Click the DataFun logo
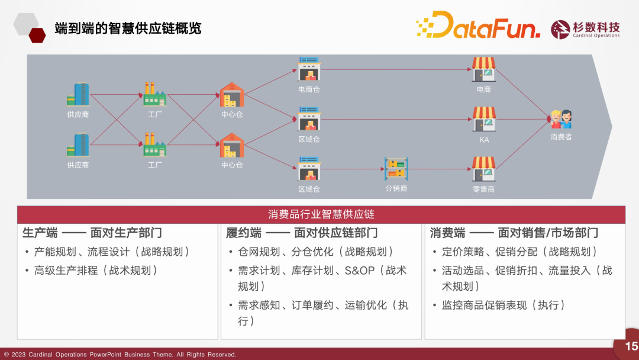click(478, 25)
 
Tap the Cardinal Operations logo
click(585, 30)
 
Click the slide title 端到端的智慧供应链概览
click(128, 28)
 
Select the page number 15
click(631, 346)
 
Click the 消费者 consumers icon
click(561, 119)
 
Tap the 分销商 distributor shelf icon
click(396, 169)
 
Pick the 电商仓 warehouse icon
click(309, 69)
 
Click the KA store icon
click(484, 119)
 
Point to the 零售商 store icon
click(484, 169)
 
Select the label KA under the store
click(484, 140)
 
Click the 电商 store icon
click(484, 69)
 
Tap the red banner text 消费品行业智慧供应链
click(321, 214)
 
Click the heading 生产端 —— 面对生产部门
click(92, 233)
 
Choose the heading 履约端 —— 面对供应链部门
click(302, 233)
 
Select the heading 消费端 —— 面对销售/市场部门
click(514, 233)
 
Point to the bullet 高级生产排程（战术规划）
click(96, 271)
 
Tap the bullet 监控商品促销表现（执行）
click(504, 305)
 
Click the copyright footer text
click(121, 355)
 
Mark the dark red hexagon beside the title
click(37, 36)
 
